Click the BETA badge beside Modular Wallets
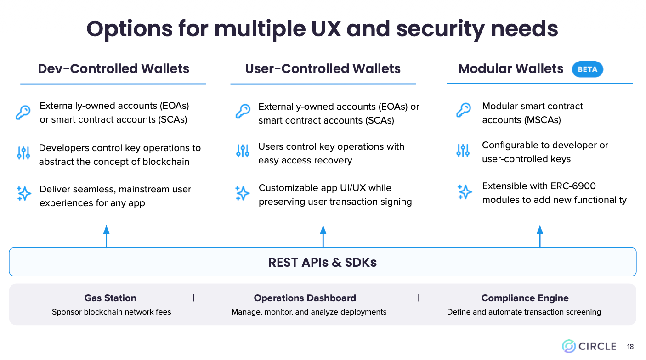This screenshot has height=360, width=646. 587,69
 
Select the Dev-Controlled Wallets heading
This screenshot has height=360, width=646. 113,69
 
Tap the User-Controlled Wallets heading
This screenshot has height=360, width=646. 323,69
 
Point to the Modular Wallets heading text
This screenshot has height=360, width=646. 510,69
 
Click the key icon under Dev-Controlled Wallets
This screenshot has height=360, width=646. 23,112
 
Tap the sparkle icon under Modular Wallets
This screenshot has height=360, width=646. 464,192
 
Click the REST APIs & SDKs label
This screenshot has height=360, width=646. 323,262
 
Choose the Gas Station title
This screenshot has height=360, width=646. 110,298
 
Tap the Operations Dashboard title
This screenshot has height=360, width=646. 305,298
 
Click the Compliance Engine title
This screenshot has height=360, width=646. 525,298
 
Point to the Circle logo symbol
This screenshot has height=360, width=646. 569,346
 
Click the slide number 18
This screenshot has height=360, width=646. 630,347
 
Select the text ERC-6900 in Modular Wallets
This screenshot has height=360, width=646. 573,186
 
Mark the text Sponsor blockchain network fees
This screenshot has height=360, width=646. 111,312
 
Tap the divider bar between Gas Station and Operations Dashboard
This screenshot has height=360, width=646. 194,298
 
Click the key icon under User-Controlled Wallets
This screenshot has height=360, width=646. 243,111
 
